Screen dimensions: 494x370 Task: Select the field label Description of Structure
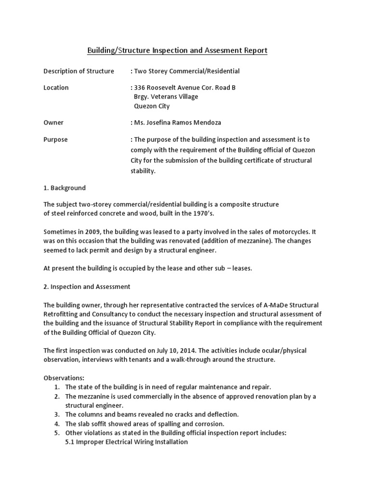coord(79,71)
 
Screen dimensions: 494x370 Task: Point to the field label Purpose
coord(56,139)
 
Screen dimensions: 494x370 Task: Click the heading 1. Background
coord(65,187)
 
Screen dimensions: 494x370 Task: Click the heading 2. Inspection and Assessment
coord(87,287)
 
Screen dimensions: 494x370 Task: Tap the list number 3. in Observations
coord(57,414)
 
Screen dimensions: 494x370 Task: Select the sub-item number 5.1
coord(70,441)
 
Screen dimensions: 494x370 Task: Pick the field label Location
coord(56,87)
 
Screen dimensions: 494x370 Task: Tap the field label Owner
coord(53,123)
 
